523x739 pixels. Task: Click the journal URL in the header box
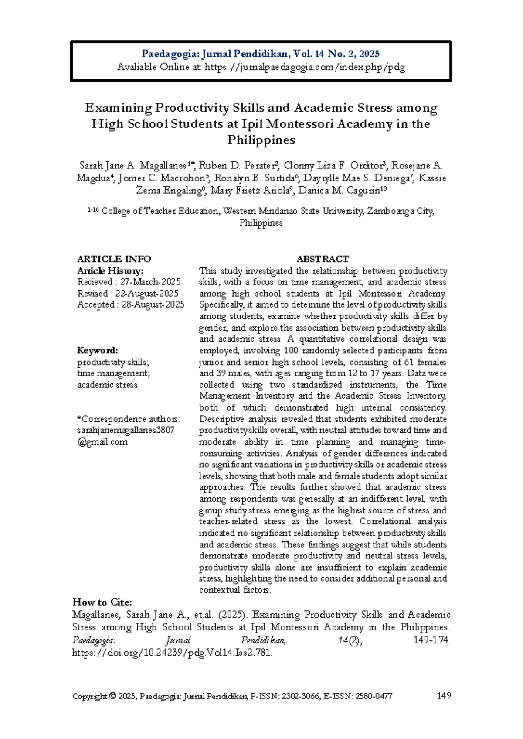305,67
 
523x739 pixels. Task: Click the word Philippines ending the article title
261,140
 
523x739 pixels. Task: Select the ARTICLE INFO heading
114,259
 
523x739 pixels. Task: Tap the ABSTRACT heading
323,259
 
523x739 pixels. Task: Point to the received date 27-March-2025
150,282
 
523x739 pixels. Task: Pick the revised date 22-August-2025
147,293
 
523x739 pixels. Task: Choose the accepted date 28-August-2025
153,304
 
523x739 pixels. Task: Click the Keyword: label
98,350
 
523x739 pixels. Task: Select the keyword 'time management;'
114,373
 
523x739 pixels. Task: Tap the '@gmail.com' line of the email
102,441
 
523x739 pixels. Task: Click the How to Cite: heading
102,602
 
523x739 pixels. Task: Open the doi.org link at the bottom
172,653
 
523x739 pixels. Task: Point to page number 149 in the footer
444,696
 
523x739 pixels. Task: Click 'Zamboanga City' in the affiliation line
400,211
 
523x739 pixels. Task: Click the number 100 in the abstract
291,350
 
